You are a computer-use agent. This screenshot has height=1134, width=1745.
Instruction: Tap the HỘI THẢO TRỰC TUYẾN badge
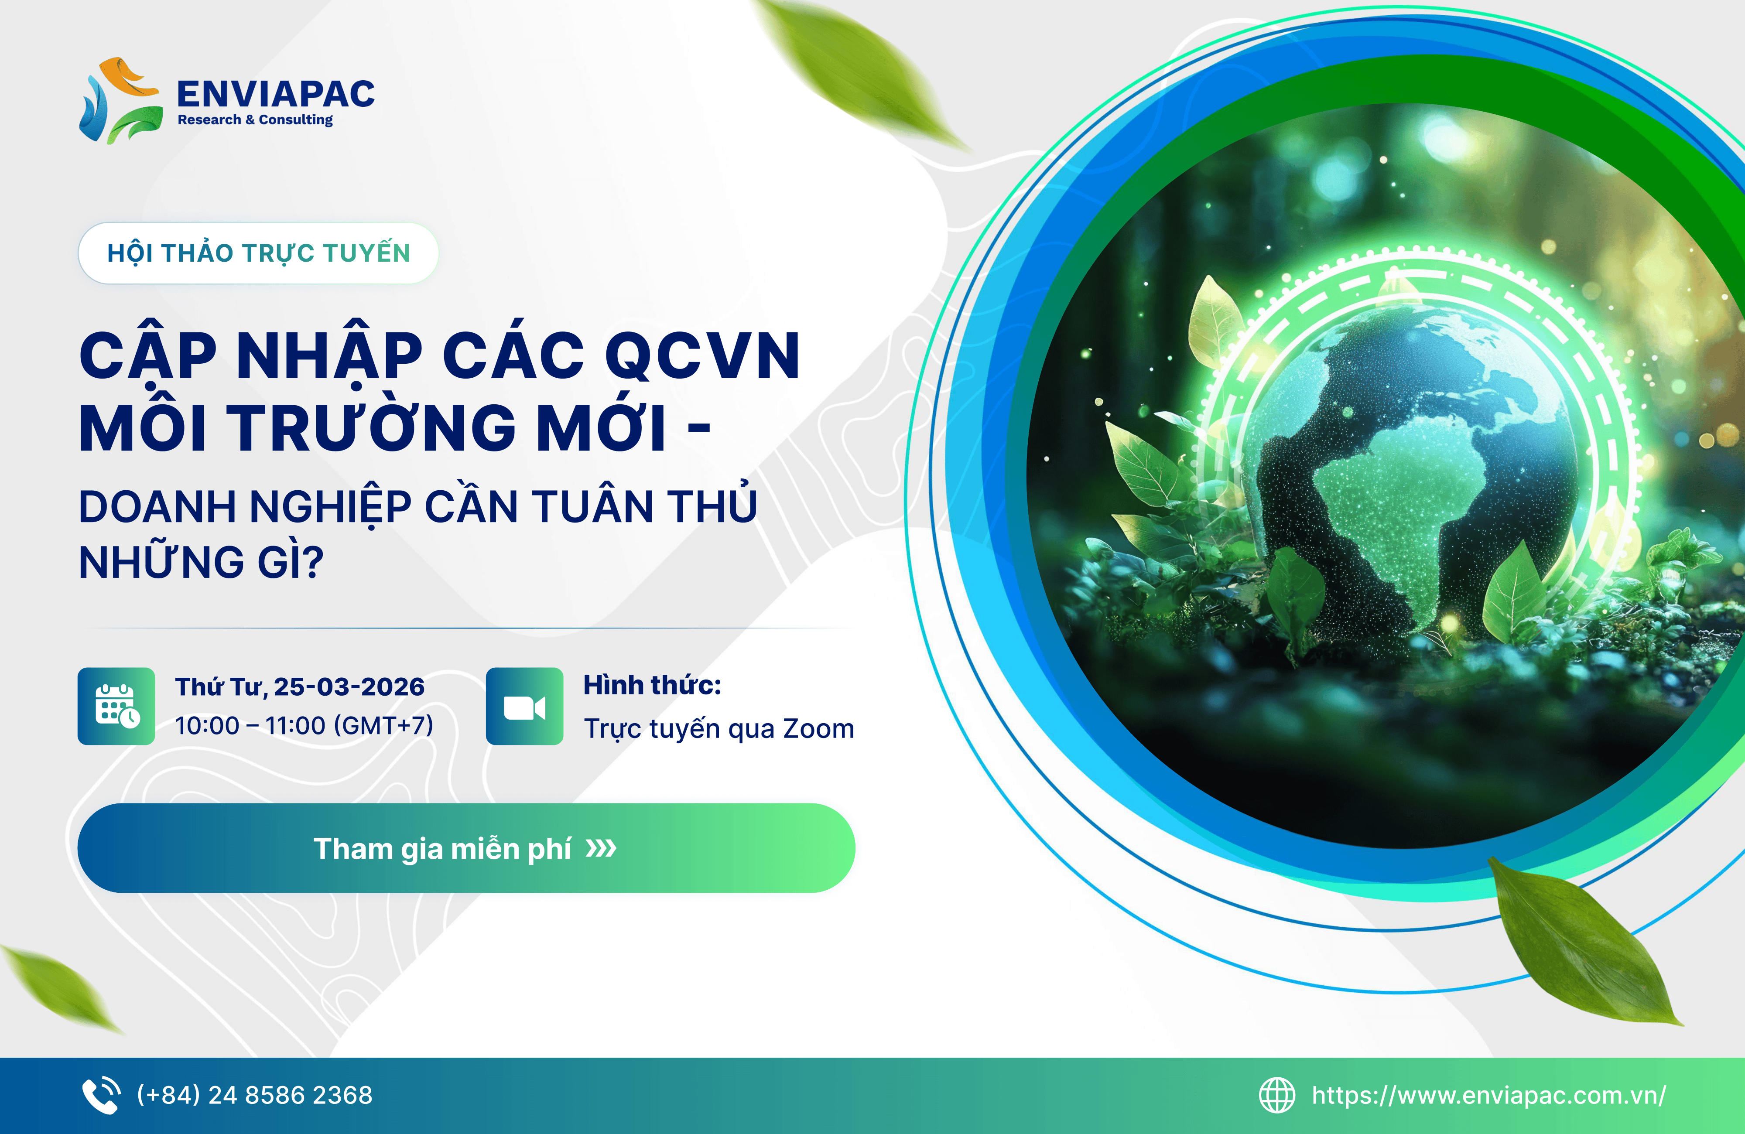tap(258, 253)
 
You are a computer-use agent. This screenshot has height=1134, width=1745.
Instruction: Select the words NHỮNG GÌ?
tap(201, 562)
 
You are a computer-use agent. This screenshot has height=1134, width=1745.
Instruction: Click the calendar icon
tap(116, 706)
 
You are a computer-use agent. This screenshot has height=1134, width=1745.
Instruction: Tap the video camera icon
tap(525, 706)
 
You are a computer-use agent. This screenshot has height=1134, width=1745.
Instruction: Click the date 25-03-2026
tap(349, 687)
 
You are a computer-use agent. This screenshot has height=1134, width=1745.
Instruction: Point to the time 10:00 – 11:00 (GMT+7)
tap(304, 726)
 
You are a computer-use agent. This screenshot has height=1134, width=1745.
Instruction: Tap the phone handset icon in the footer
tap(101, 1095)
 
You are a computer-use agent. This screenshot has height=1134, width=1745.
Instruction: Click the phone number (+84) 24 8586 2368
tap(254, 1095)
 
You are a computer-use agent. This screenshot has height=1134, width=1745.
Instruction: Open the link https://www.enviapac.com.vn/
tap(1488, 1095)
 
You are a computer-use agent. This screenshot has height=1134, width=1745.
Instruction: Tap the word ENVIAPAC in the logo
tap(276, 94)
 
